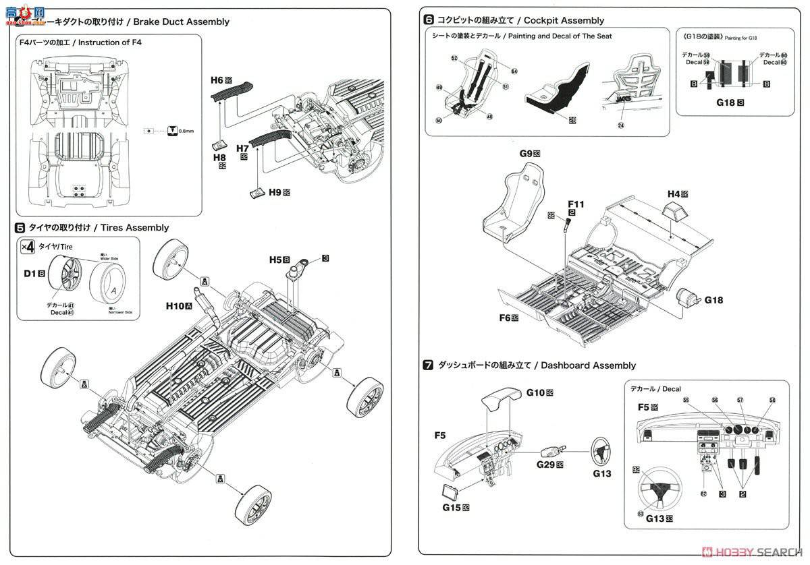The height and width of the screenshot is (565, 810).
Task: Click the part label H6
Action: (216, 80)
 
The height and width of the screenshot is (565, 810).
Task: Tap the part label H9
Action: (274, 192)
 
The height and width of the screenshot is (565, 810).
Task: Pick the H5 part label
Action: (274, 259)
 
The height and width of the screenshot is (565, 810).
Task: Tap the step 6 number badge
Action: (428, 20)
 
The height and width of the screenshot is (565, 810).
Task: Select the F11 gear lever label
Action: (576, 203)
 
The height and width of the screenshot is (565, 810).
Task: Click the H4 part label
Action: (673, 194)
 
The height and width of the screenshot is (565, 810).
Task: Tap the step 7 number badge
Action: (428, 365)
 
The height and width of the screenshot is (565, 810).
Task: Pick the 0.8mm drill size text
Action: (186, 131)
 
